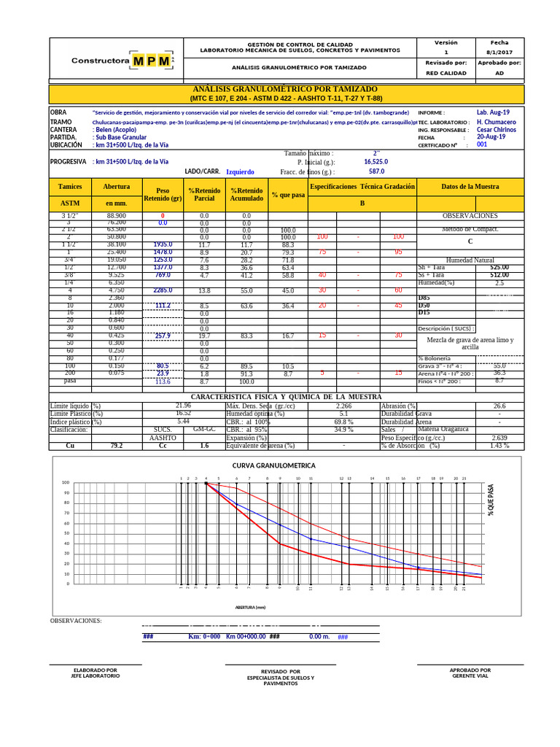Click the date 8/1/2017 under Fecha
499,53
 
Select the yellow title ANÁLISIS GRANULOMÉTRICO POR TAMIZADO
286,88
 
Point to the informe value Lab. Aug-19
493,112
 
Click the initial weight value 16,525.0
376,162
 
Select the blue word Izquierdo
240,172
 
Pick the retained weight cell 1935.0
162,245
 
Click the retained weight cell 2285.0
163,290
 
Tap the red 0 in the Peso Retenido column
163,216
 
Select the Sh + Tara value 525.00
499,268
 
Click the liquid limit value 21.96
183,405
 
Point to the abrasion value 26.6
499,406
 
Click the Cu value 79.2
117,445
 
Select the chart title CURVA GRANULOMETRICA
274,465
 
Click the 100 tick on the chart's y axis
66,483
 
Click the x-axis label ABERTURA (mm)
250,607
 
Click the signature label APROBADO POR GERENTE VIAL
470,673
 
